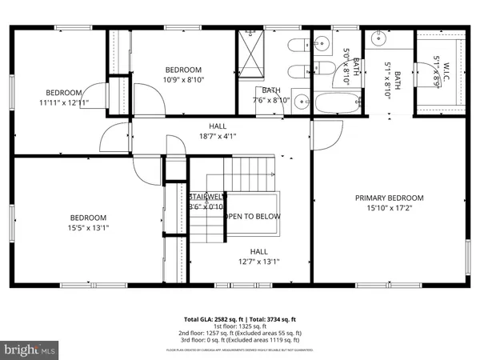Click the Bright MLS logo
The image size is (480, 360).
(30, 350)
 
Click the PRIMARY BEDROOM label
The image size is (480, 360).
(390, 198)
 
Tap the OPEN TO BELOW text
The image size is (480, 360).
(252, 216)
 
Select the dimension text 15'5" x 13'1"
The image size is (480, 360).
(88, 227)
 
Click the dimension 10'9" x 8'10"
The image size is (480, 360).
(183, 79)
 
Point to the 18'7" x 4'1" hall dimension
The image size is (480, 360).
(218, 136)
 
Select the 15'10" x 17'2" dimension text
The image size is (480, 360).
(390, 208)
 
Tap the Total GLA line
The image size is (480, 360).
(239, 318)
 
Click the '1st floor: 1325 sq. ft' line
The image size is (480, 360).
(239, 326)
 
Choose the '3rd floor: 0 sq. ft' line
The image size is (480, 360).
(239, 339)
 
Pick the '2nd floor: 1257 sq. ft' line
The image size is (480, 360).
(239, 333)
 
